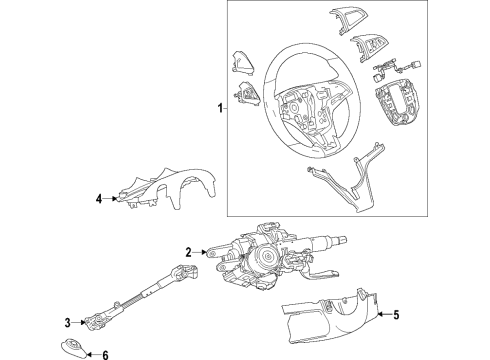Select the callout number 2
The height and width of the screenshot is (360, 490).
[x=187, y=252]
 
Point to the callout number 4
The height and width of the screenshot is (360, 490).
[x=99, y=199]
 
